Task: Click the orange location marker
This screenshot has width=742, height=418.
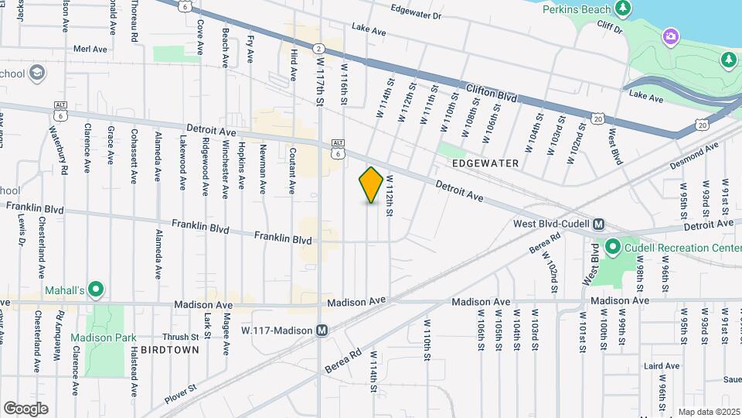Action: pyautogui.click(x=371, y=185)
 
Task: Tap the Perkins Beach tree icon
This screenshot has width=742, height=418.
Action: pyautogui.click(x=623, y=9)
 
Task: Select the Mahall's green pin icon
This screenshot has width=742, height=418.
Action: pyautogui.click(x=96, y=290)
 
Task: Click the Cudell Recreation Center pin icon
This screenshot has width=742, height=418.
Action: pyautogui.click(x=613, y=248)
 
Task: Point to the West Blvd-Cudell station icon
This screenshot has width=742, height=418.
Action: pyautogui.click(x=597, y=224)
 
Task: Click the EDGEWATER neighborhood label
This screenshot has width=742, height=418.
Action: pyautogui.click(x=486, y=164)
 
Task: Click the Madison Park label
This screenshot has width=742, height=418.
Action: pyautogui.click(x=104, y=337)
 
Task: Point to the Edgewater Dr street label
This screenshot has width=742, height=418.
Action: pyautogui.click(x=416, y=15)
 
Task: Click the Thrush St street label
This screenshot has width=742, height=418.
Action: pyautogui.click(x=181, y=337)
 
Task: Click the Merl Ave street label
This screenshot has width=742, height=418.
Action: pyautogui.click(x=90, y=48)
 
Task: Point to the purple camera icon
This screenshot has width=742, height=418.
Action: pyautogui.click(x=670, y=36)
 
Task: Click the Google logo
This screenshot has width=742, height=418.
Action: pyautogui.click(x=26, y=408)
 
